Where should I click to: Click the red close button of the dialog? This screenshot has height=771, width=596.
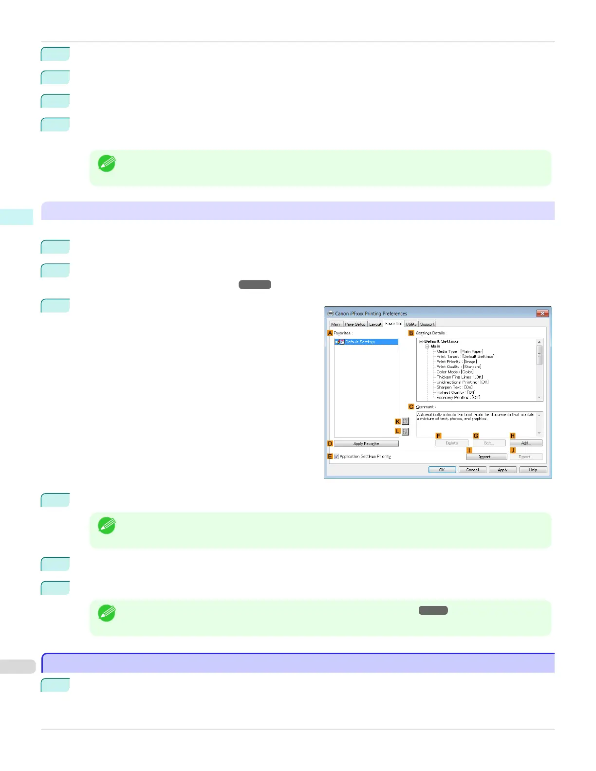pyautogui.click(x=542, y=313)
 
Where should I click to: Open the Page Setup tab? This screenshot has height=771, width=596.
pyautogui.click(x=355, y=324)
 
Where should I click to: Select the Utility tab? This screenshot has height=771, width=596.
pyautogui.click(x=411, y=324)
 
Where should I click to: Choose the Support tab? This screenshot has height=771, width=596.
pyautogui.click(x=427, y=324)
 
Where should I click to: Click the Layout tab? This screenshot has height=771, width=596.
pyautogui.click(x=375, y=324)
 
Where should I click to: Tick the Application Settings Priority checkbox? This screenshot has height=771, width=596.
pyautogui.click(x=336, y=457)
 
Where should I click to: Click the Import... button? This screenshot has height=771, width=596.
pyautogui.click(x=486, y=457)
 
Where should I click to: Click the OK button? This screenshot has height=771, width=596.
pyautogui.click(x=442, y=470)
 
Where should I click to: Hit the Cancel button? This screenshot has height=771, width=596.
pyautogui.click(x=472, y=470)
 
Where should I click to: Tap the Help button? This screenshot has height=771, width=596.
pyautogui.click(x=533, y=470)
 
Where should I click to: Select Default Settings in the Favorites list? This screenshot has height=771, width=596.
pyautogui.click(x=360, y=342)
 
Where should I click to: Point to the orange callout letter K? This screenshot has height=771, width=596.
pyautogui.click(x=398, y=422)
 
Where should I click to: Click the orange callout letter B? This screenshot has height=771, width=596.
pyautogui.click(x=411, y=333)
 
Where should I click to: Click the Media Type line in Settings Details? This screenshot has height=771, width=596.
pyautogui.click(x=459, y=351)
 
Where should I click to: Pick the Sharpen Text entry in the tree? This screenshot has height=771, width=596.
pyautogui.click(x=454, y=387)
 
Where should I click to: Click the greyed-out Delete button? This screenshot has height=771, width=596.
pyautogui.click(x=451, y=443)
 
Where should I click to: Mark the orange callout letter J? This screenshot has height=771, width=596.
pyautogui.click(x=513, y=450)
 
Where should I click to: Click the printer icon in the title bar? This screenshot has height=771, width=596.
pyautogui.click(x=331, y=313)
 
